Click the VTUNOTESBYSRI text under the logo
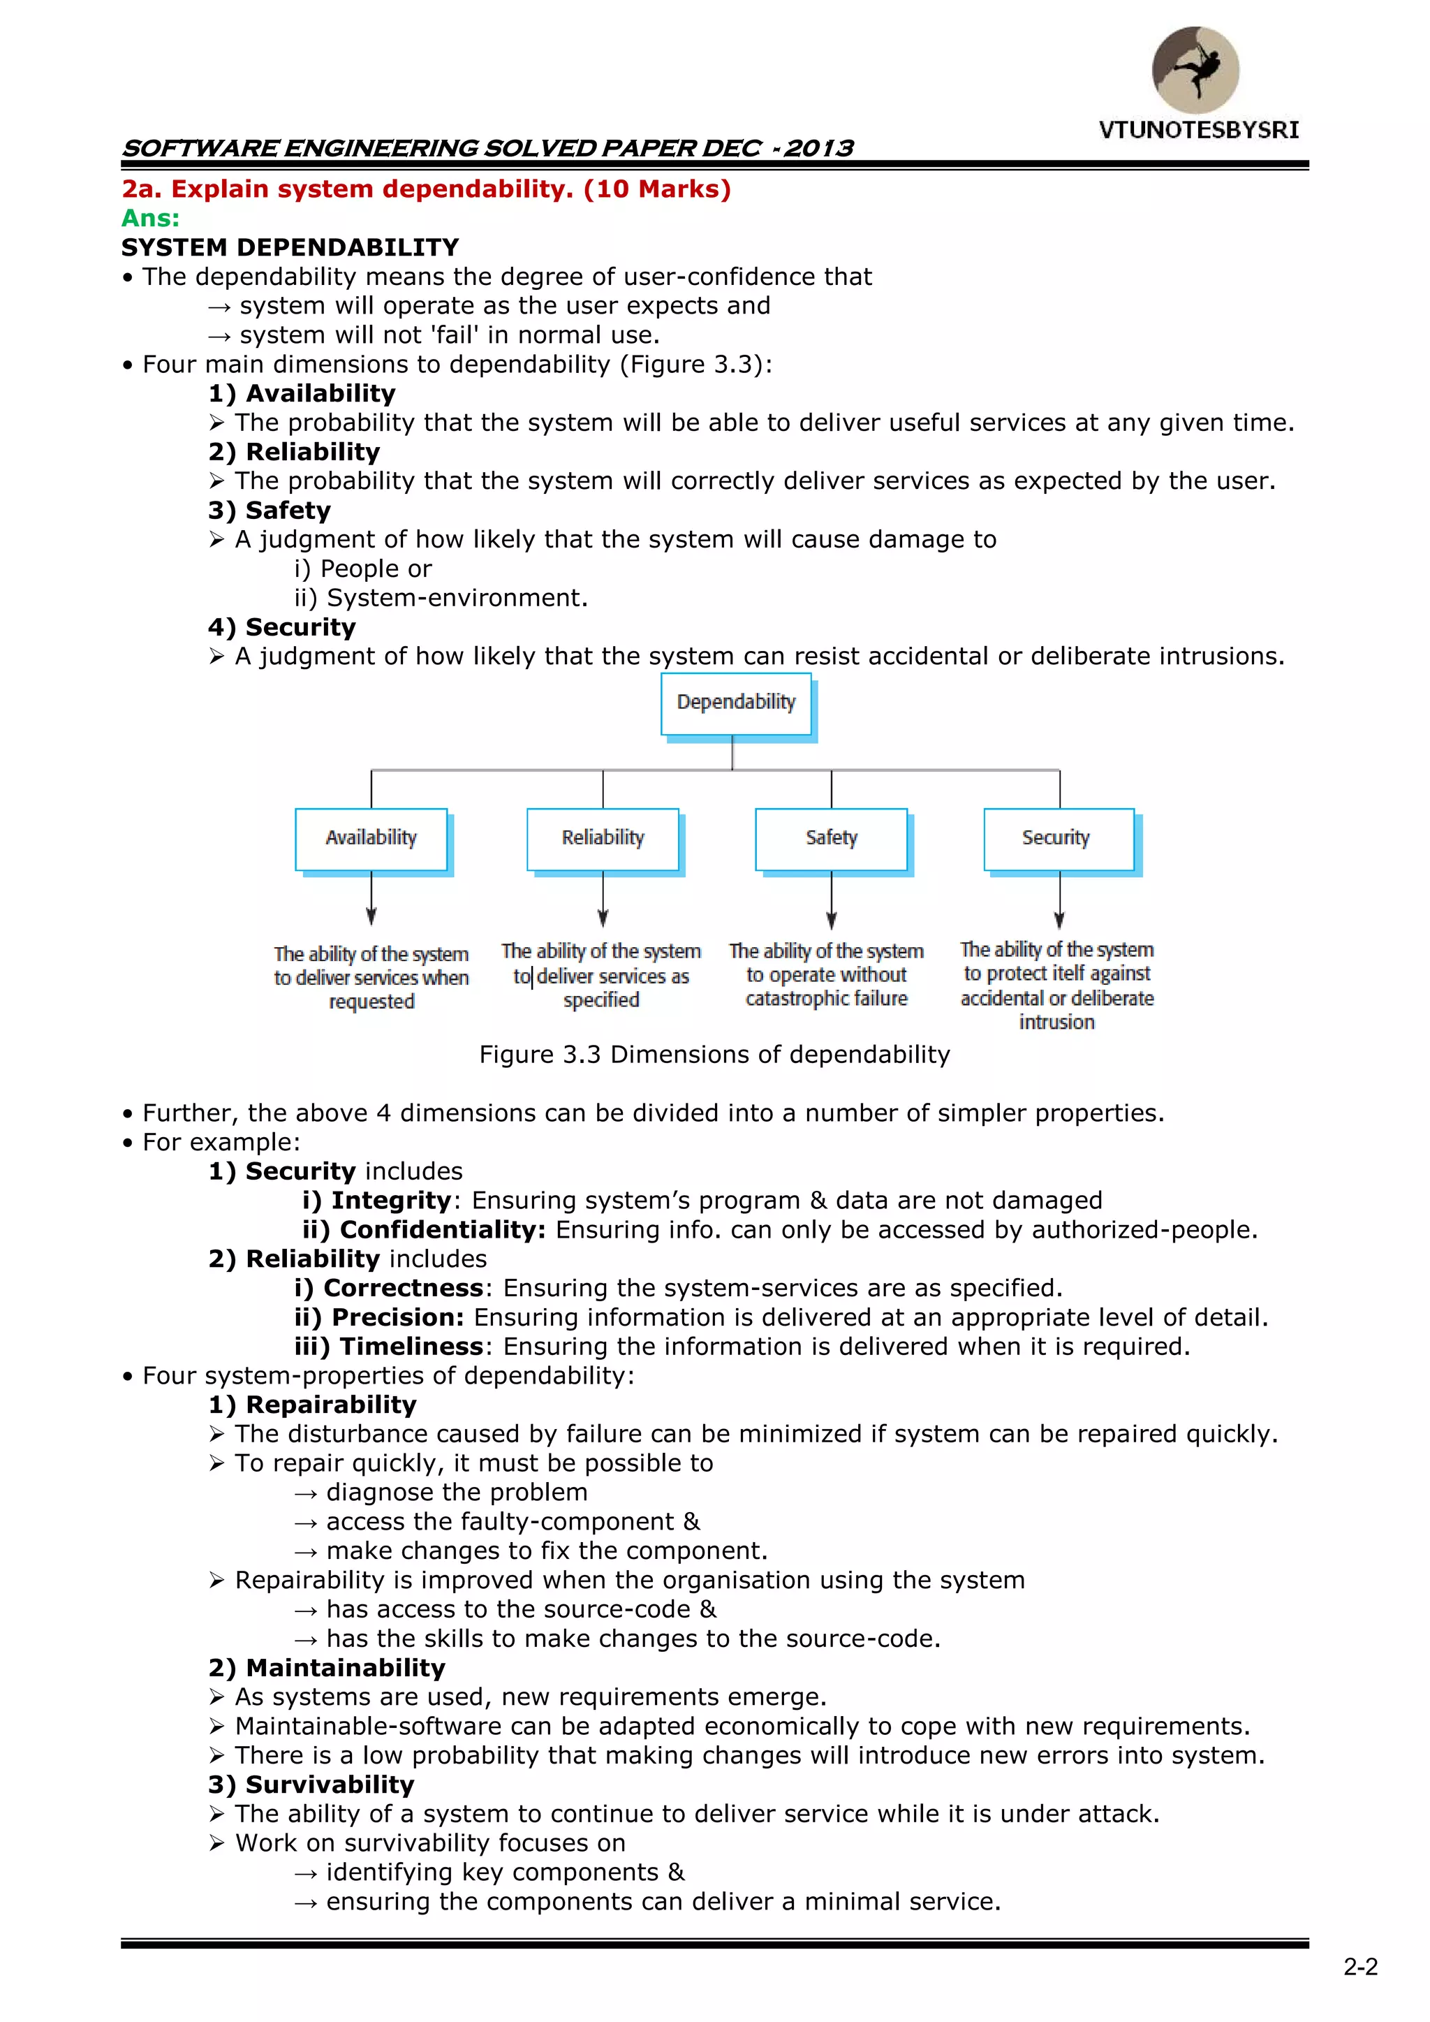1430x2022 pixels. pos(1197,131)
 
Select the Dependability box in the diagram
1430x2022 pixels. pos(735,703)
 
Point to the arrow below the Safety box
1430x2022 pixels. pos(831,902)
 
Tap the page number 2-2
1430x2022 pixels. pos(1359,1967)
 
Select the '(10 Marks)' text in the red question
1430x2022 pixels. pos(657,189)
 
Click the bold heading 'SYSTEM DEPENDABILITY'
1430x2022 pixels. pos(290,247)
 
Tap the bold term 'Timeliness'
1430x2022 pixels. pos(411,1347)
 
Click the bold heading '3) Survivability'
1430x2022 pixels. pos(311,1785)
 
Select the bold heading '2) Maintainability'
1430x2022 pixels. pos(327,1668)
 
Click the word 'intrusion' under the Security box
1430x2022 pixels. pos(1056,1023)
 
